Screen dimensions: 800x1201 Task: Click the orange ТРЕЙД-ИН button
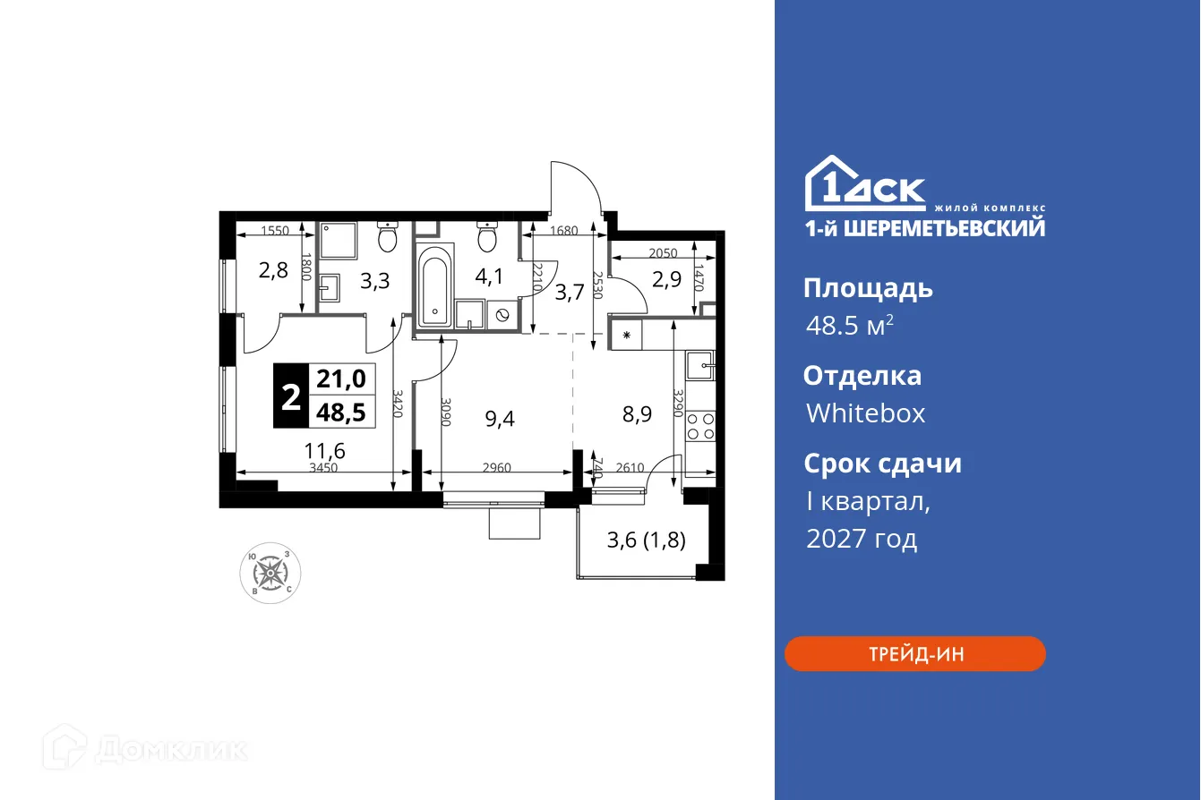click(x=914, y=654)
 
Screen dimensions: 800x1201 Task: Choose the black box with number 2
click(x=291, y=396)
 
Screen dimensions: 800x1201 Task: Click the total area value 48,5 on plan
click(x=341, y=412)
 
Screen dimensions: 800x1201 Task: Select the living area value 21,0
click(x=341, y=379)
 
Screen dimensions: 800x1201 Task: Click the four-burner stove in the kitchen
click(x=700, y=426)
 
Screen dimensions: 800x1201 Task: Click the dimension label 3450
click(x=323, y=467)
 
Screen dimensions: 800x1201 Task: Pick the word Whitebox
click(x=865, y=413)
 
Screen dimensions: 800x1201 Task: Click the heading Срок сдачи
click(x=882, y=464)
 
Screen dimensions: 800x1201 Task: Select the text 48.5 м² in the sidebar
click(x=849, y=325)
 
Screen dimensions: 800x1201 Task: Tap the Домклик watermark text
click(x=170, y=749)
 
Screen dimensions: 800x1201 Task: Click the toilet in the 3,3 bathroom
click(x=388, y=238)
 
